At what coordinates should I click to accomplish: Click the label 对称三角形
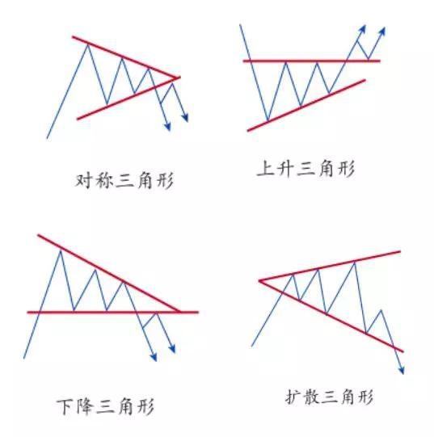pos(124,181)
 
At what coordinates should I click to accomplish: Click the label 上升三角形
pos(305,168)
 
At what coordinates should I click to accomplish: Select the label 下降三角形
pos(105,407)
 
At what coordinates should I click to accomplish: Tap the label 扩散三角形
pos(329,397)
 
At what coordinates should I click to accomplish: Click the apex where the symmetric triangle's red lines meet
pos(176,78)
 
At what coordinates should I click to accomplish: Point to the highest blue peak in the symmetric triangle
pos(88,44)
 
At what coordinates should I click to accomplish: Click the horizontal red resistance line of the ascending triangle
pos(311,61)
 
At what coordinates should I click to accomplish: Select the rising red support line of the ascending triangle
pos(306,105)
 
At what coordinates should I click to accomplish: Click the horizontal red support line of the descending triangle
pos(112,312)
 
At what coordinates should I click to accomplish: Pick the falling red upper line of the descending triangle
pos(109,273)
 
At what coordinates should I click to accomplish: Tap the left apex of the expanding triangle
pos(260,280)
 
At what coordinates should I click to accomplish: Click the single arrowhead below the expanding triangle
pos(402,371)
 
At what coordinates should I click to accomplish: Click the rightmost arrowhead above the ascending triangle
pos(382,31)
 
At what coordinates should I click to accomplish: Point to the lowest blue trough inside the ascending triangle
pos(268,120)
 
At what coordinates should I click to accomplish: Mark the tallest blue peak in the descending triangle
pos(61,251)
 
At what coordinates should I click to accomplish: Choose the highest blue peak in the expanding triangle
pos(355,262)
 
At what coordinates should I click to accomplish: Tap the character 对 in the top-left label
pos(83,181)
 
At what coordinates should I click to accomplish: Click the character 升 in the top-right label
pos(285,168)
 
